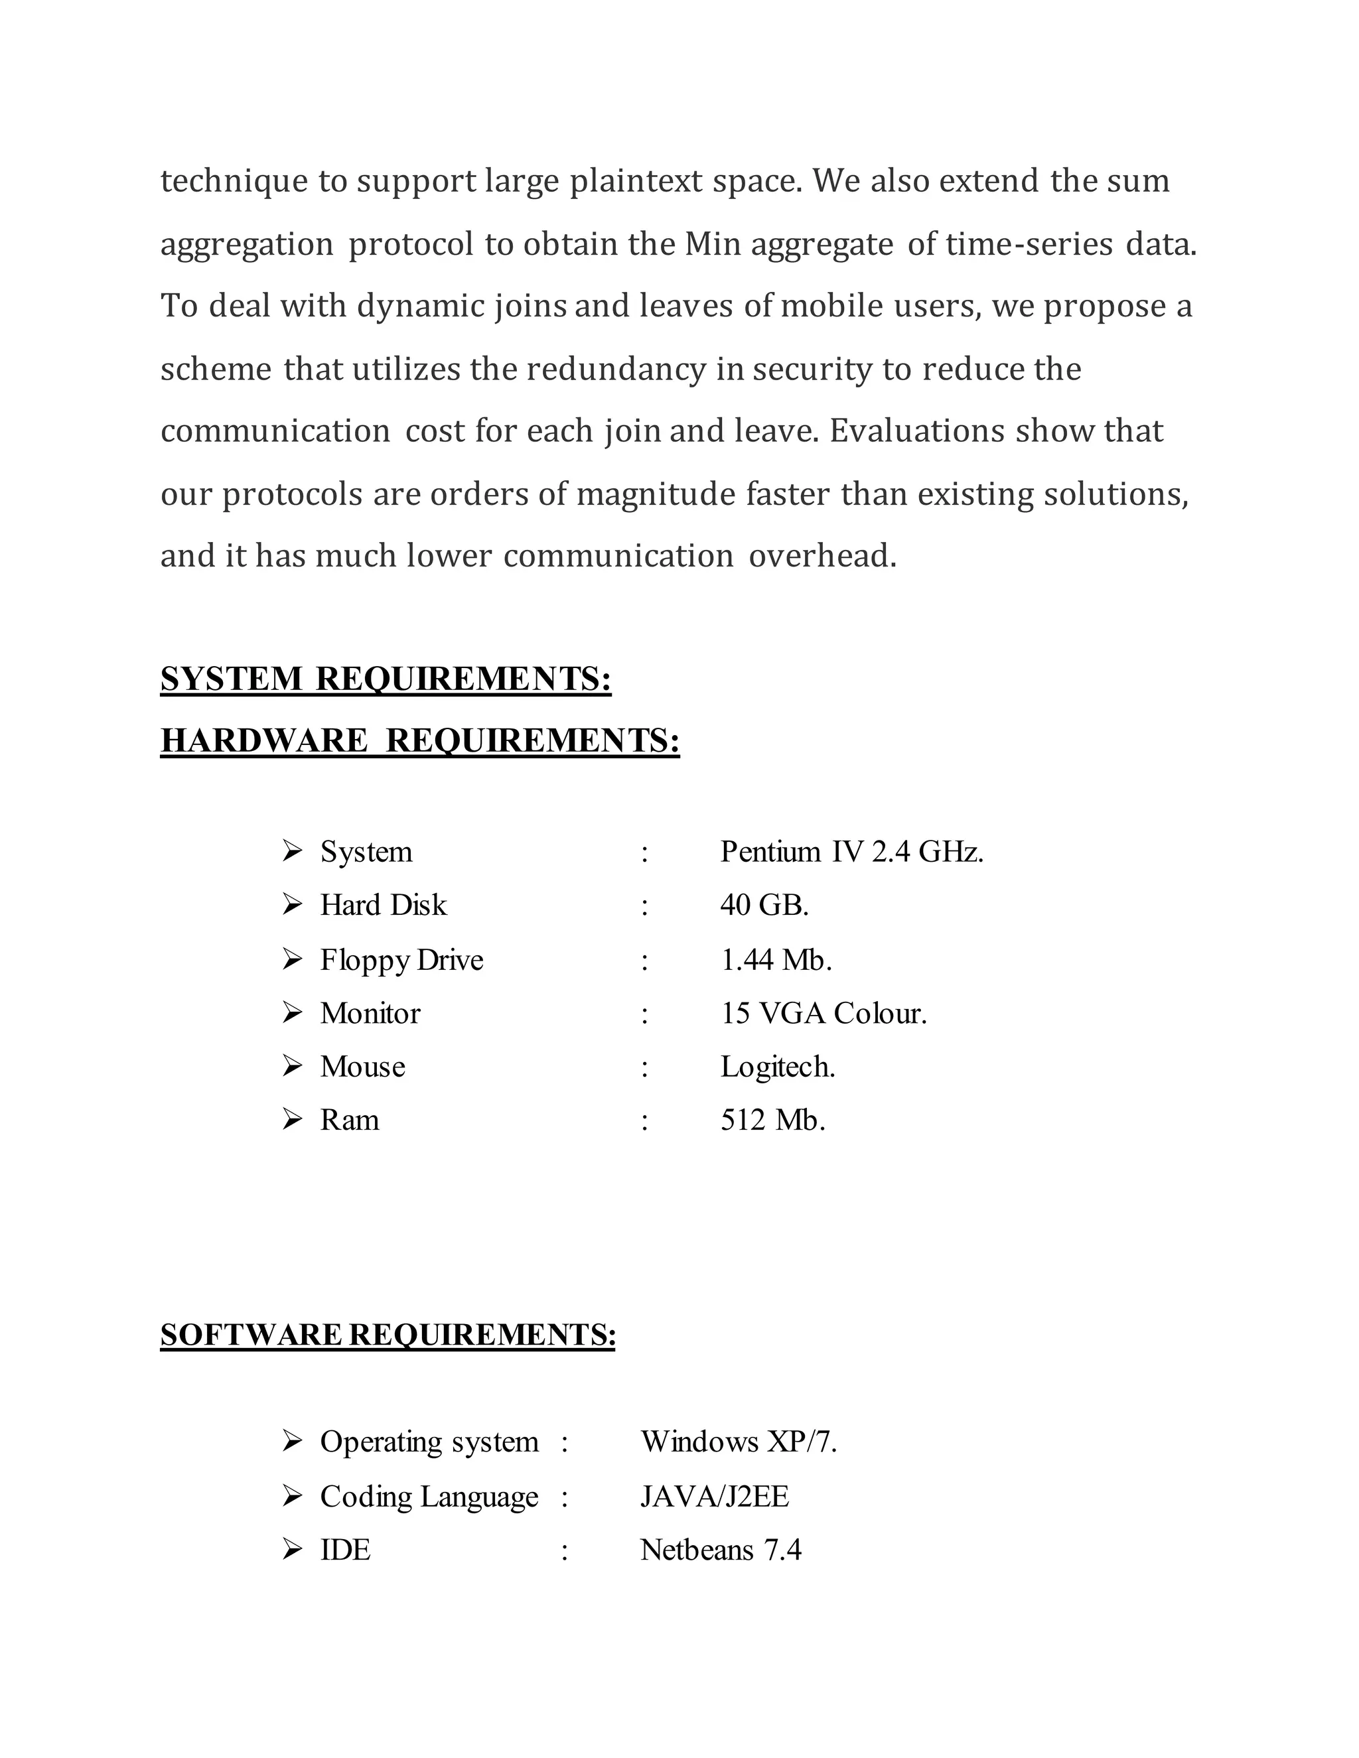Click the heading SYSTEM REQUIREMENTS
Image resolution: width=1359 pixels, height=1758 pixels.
coord(386,679)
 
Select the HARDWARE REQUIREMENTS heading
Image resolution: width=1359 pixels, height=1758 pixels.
coord(419,740)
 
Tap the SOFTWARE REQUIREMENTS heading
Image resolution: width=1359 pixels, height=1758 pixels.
coord(388,1335)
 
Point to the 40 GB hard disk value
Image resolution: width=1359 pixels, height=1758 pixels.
coord(764,905)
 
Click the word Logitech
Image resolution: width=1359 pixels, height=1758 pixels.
coord(778,1067)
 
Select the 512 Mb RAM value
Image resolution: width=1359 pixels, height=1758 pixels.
coord(773,1120)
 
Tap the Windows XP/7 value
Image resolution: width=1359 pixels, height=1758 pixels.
coord(739,1442)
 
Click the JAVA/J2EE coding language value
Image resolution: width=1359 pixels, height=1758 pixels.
coord(714,1497)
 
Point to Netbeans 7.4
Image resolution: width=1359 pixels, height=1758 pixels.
coord(721,1550)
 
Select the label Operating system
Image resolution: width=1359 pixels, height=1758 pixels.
coord(429,1442)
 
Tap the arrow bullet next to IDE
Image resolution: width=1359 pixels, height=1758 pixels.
coord(292,1550)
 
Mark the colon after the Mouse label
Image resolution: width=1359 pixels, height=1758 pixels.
coord(645,1067)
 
